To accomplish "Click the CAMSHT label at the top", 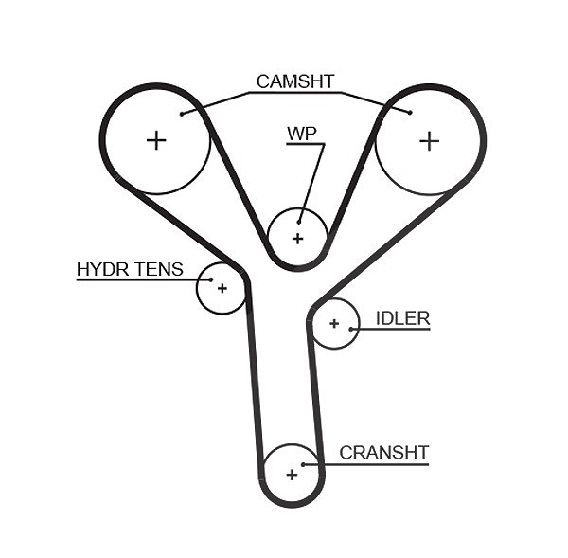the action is [294, 81].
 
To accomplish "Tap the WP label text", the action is [302, 134].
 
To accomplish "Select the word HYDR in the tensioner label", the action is [102, 269].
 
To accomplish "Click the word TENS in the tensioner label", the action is [158, 269].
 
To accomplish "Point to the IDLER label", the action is [403, 318].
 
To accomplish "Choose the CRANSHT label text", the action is [384, 453].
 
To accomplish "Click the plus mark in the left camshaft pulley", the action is [156, 140].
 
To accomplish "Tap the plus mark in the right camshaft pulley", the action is [429, 140].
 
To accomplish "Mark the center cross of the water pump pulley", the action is [297, 239].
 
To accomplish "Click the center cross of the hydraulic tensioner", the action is [222, 288].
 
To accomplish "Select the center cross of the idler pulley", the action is [334, 323].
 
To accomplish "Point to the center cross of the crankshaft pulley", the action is [292, 475].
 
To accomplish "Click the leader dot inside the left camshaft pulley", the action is [182, 114].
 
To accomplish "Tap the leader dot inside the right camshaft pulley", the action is [410, 113].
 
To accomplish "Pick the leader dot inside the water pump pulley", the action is [299, 222].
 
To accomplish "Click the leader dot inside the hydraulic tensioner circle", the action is [211, 279].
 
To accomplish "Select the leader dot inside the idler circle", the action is [350, 330].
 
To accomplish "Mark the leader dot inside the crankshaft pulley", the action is [303, 464].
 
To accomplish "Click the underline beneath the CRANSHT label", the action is [365, 464].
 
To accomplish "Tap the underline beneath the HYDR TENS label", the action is [144, 279].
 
